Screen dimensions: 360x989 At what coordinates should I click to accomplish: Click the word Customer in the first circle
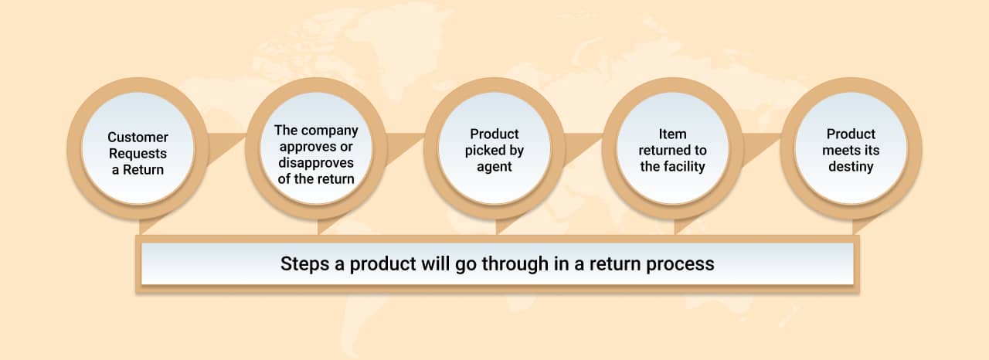tap(138, 137)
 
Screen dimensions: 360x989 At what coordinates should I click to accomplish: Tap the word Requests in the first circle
tap(138, 154)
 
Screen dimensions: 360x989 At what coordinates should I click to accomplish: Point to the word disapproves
tap(315, 163)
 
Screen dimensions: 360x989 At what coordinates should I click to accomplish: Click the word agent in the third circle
tap(494, 166)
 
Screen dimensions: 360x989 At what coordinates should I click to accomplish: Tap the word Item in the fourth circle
tap(673, 134)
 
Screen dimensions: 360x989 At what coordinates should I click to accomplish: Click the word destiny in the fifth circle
tap(851, 166)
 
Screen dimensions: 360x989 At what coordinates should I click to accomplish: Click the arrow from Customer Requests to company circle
tap(226, 147)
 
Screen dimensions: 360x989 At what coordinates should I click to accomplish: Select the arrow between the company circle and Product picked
tap(404, 147)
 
